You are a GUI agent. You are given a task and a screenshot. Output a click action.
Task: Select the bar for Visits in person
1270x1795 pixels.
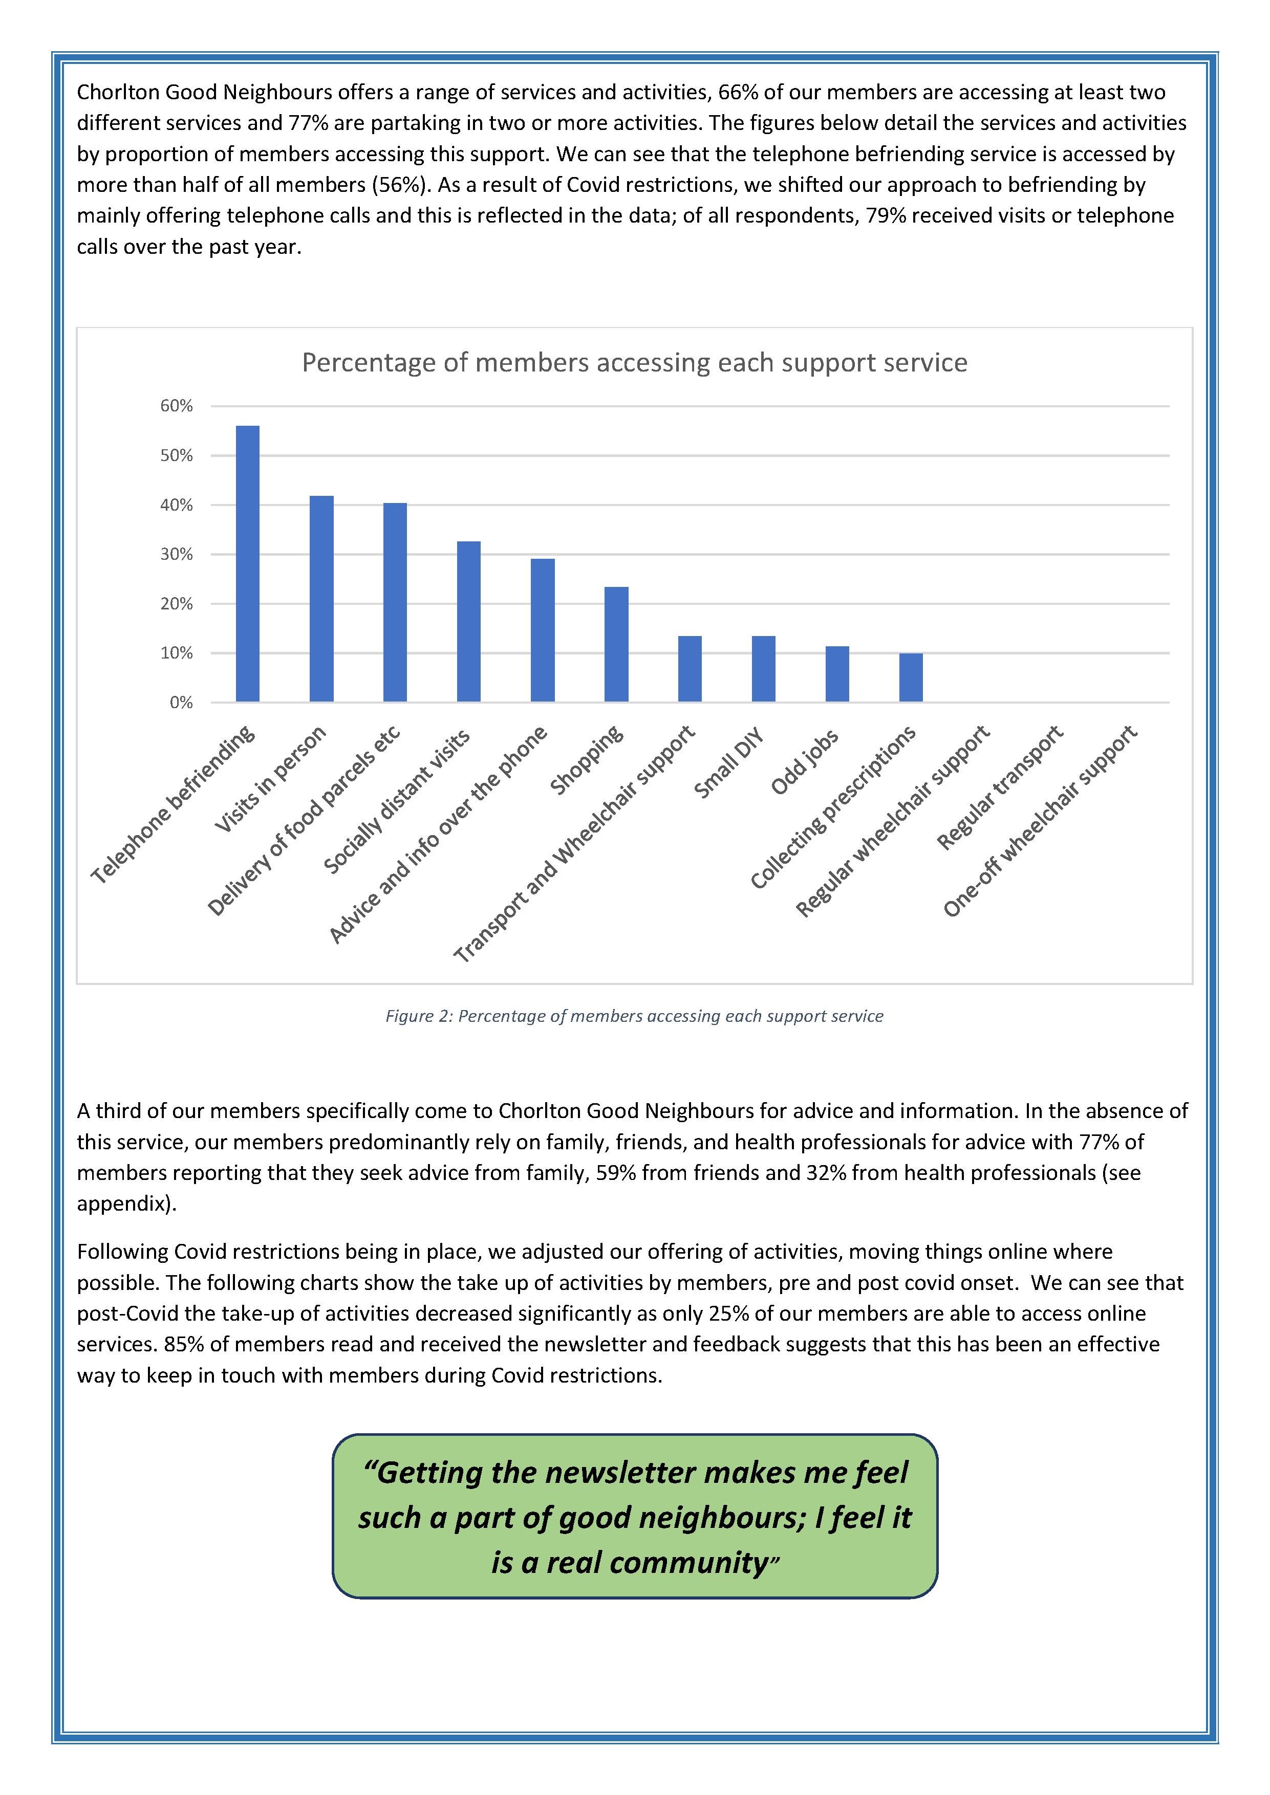coord(321,598)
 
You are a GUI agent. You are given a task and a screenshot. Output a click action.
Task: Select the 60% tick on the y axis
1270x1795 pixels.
coord(177,406)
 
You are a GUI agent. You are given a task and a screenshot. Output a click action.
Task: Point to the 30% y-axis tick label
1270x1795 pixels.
coord(177,554)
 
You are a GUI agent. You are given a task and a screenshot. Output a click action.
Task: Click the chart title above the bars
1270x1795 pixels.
coord(634,363)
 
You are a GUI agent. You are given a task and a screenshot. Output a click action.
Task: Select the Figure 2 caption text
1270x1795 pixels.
coord(634,1016)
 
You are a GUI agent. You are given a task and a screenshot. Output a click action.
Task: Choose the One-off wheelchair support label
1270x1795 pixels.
coord(1040,821)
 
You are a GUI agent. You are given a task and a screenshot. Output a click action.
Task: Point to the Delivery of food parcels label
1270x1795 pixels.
coord(305,821)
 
